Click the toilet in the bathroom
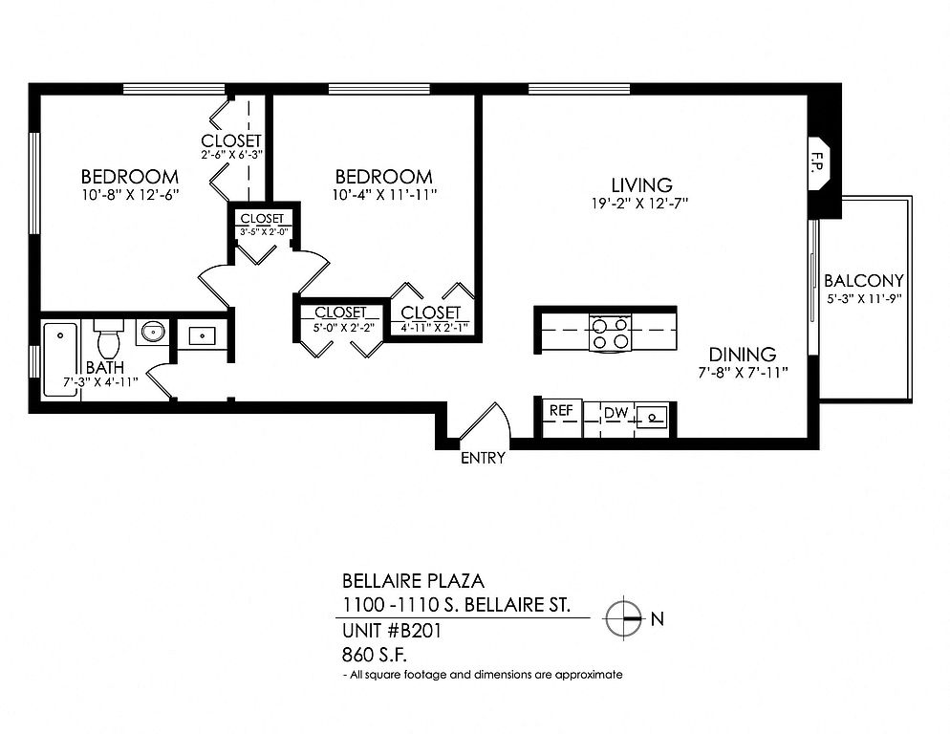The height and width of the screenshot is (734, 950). click(x=108, y=339)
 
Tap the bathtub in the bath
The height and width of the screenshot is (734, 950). click(x=60, y=360)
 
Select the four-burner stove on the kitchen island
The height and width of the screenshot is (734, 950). click(x=610, y=333)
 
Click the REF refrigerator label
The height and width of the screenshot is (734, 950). click(x=561, y=410)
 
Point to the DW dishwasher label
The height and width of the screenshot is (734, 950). click(x=616, y=414)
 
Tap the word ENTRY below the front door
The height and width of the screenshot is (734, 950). click(x=483, y=458)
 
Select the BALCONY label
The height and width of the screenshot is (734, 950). click(x=864, y=281)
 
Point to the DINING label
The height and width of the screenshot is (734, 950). click(x=743, y=355)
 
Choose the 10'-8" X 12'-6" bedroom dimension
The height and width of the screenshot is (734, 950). click(x=130, y=195)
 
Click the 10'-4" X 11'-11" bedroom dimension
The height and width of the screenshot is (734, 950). click(x=384, y=195)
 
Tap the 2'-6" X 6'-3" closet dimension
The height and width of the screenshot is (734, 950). click(x=231, y=155)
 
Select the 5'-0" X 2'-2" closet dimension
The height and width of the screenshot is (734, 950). click(x=343, y=327)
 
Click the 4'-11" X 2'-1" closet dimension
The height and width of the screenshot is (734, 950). click(x=431, y=328)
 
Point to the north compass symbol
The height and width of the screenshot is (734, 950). click(x=623, y=618)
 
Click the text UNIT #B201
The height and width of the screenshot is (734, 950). click(x=392, y=631)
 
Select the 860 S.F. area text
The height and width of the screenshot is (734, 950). click(x=375, y=656)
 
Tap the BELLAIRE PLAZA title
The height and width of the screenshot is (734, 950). click(x=413, y=581)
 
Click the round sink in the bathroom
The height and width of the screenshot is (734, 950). click(x=152, y=332)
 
